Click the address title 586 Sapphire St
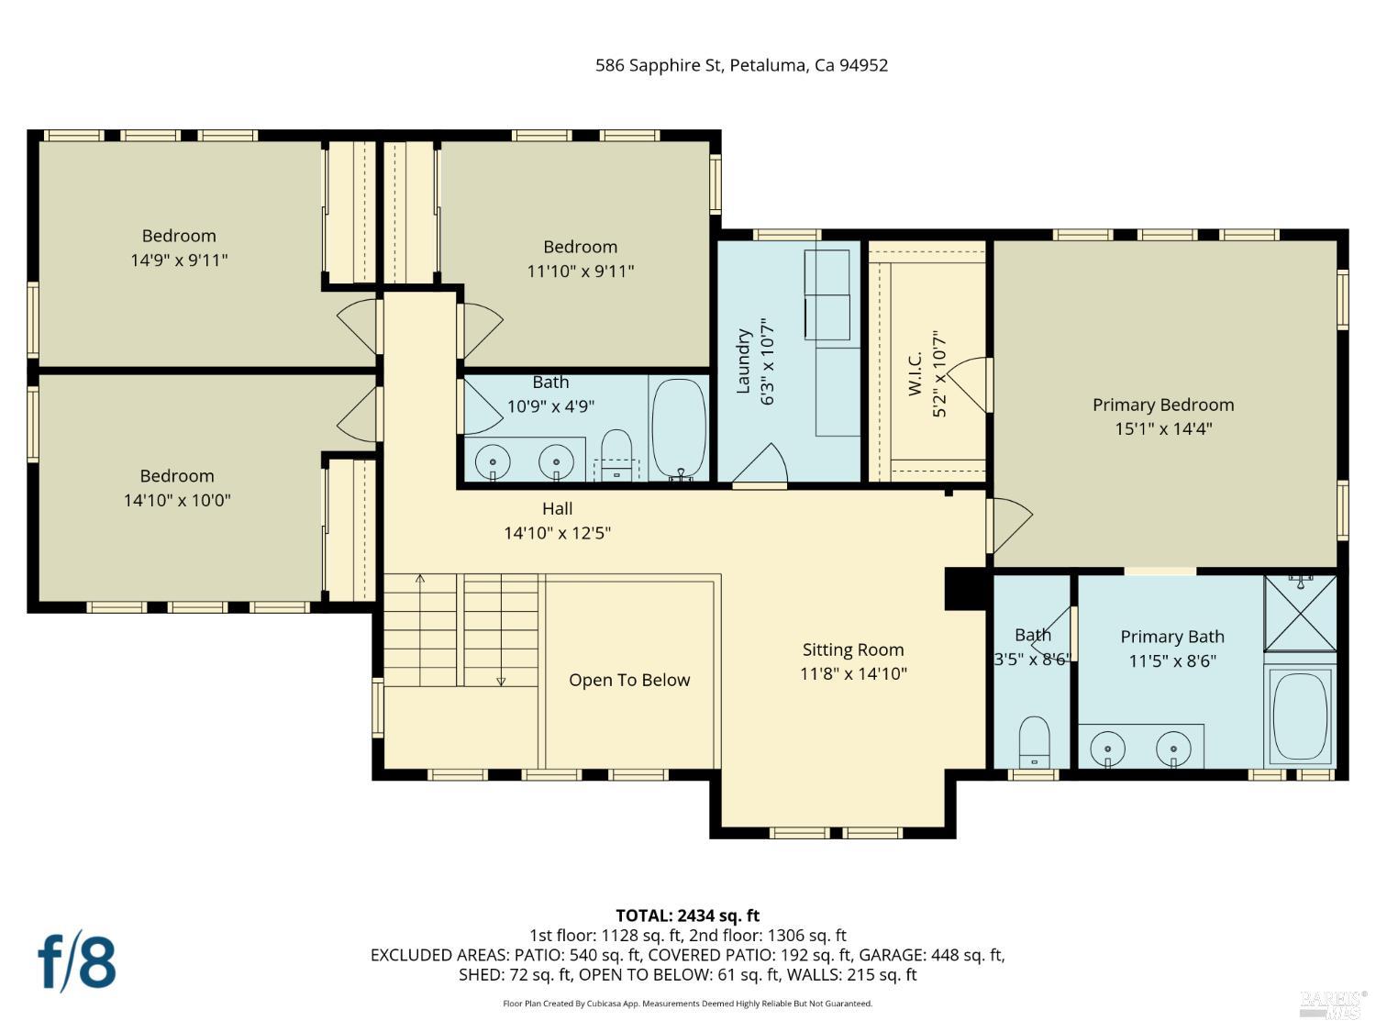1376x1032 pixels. [741, 65]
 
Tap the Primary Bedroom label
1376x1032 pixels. [1162, 405]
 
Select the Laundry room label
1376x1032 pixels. [744, 361]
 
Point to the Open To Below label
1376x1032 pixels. [629, 680]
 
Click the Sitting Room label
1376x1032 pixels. [852, 649]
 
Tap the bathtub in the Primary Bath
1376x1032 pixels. [1300, 715]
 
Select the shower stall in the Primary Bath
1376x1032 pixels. [1300, 613]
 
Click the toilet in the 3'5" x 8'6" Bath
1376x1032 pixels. [1034, 741]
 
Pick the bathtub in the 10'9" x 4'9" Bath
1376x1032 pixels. [679, 427]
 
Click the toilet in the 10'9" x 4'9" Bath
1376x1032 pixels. [616, 455]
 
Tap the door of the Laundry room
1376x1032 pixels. [761, 465]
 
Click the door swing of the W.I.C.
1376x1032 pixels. [971, 384]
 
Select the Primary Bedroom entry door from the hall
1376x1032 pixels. [1009, 523]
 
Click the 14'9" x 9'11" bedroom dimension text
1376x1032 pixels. [179, 261]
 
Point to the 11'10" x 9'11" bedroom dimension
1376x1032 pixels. [580, 272]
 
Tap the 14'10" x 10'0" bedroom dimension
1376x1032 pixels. [177, 500]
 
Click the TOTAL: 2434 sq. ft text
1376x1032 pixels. [687, 915]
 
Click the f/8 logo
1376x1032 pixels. [77, 960]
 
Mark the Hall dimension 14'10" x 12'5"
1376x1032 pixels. [557, 533]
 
